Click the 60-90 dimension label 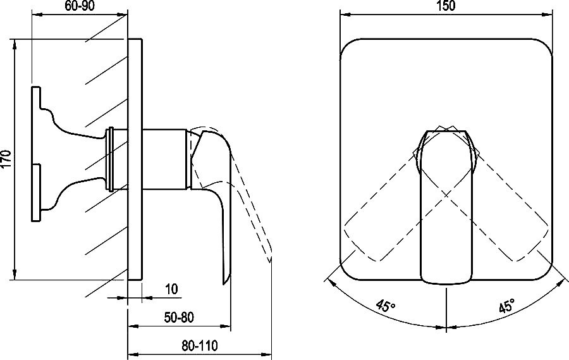pos(80,6)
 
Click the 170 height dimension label pos(6,159)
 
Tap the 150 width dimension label pos(446,6)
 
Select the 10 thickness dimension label pos(171,289)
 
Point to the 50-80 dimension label pos(179,318)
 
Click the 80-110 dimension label pos(200,345)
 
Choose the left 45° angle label pos(386,306)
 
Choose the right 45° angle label pos(506,306)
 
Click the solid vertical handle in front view pos(446,206)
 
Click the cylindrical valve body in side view pos(165,159)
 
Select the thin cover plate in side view pos(135,159)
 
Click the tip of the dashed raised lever pos(270,261)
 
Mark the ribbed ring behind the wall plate pos(111,159)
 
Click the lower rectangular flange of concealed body pos(36,192)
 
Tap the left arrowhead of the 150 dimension pos(345,15)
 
